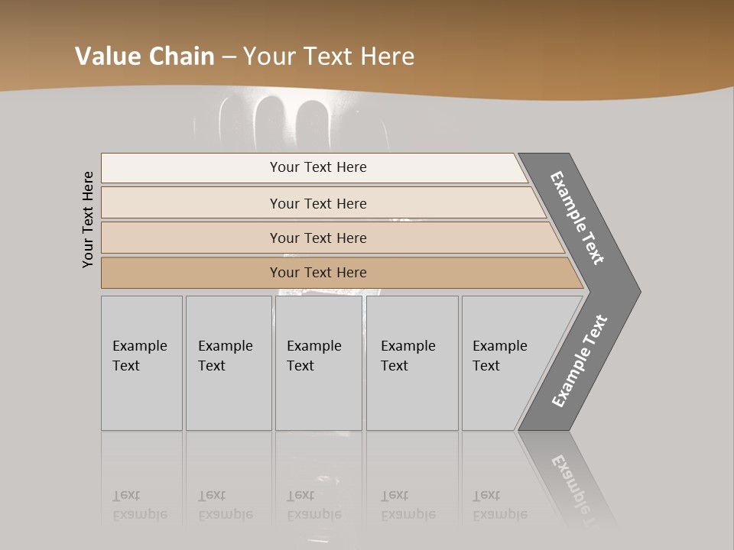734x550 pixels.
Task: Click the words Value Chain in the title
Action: tap(145, 57)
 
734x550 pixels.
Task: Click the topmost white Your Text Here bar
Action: tap(318, 167)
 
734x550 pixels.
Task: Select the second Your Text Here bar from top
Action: tap(318, 203)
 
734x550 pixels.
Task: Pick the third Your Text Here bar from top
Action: tap(318, 238)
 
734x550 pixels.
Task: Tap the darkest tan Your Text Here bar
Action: tap(318, 273)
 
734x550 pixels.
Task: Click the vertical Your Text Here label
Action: tap(89, 219)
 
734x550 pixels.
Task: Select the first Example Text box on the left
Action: tap(141, 363)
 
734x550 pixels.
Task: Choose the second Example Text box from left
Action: tap(228, 363)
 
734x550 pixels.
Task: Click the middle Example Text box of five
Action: tap(318, 363)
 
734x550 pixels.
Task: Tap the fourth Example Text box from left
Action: tap(411, 363)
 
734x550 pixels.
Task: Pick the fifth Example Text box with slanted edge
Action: tap(505, 363)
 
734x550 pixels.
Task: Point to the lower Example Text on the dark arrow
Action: tap(580, 361)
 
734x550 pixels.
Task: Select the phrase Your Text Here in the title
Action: tap(329, 57)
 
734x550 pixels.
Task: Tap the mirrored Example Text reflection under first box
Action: tap(140, 505)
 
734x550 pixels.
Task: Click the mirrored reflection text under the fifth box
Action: tap(500, 505)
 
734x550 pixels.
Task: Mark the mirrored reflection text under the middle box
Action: tap(314, 505)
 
